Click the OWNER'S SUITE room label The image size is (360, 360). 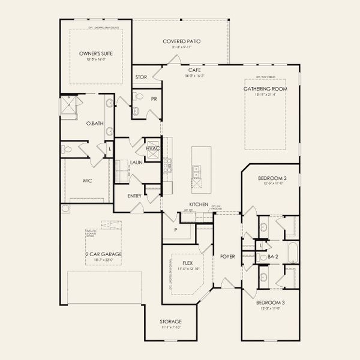click(96, 53)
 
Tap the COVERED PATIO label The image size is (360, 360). click(181, 41)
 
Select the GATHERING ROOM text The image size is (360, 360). click(265, 89)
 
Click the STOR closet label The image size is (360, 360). click(141, 77)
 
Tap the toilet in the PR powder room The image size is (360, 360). click(136, 110)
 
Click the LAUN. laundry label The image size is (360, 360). click(136, 162)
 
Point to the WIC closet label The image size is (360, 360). click(86, 179)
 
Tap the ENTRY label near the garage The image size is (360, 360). click(134, 196)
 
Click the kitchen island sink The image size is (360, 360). click(196, 172)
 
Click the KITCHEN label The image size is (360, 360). click(199, 205)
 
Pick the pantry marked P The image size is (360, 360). click(176, 229)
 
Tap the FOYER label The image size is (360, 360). click(227, 256)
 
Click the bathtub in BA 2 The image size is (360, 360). click(292, 253)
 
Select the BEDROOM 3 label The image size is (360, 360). click(270, 302)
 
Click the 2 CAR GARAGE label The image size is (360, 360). click(103, 254)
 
